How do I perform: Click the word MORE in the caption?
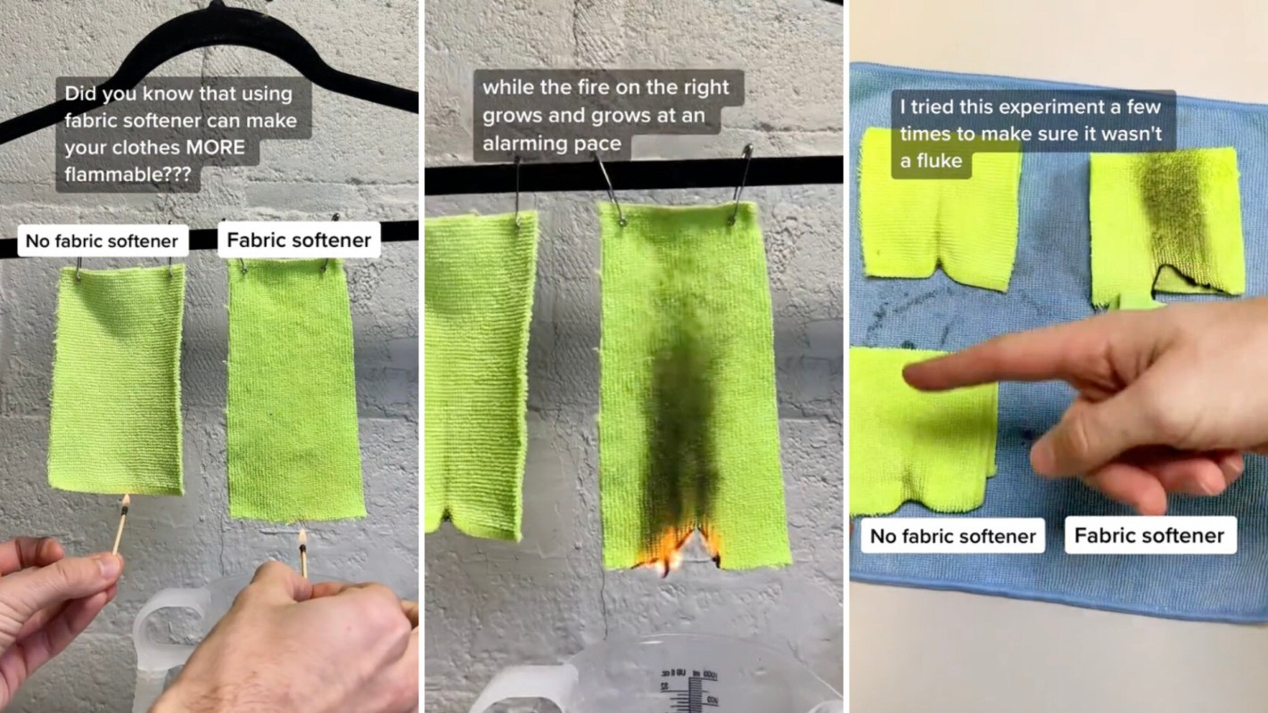click(215, 148)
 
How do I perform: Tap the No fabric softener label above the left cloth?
click(103, 241)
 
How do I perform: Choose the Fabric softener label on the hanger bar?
click(299, 240)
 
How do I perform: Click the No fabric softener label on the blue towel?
click(952, 536)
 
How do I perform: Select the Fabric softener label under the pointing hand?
click(1149, 536)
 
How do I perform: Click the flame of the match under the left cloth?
click(126, 502)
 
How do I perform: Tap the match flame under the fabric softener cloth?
click(302, 537)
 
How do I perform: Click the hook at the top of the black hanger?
click(217, 5)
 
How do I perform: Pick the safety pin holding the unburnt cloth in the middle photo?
click(517, 192)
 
